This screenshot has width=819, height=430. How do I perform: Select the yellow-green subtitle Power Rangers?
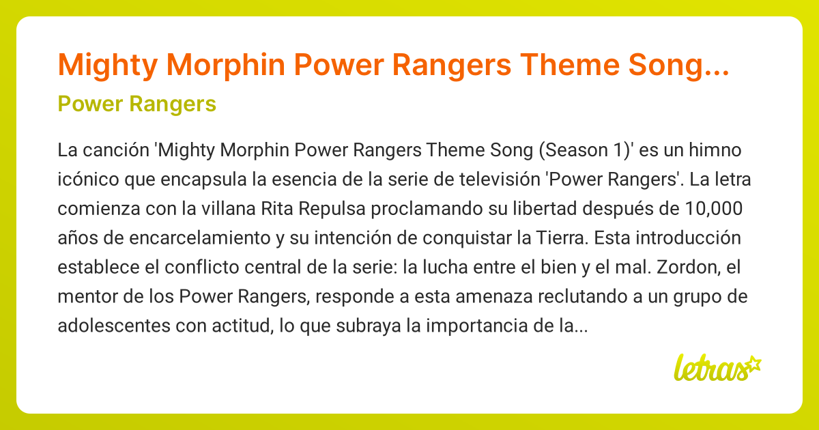(137, 104)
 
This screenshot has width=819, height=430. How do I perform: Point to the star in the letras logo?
(753, 363)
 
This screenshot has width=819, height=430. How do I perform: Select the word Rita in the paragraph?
(278, 209)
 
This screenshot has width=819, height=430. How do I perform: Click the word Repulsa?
(330, 209)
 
